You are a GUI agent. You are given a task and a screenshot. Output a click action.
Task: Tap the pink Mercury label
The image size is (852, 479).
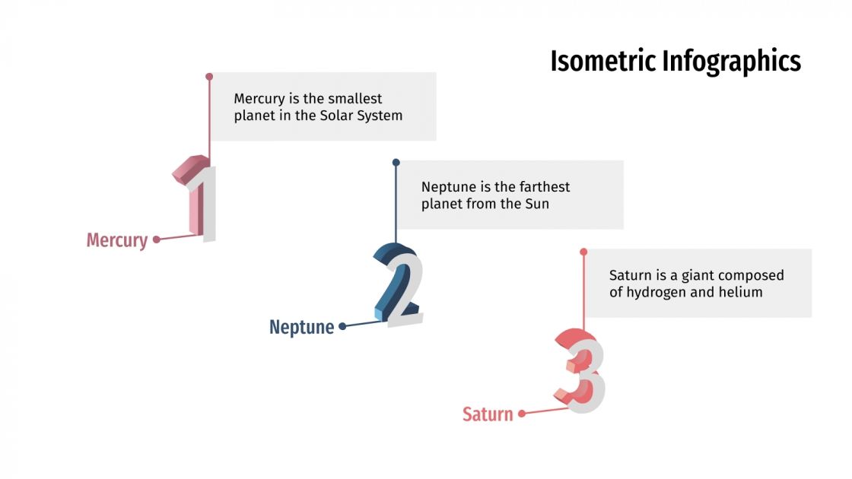(x=116, y=240)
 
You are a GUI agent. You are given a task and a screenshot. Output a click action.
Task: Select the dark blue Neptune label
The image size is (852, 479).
(x=301, y=328)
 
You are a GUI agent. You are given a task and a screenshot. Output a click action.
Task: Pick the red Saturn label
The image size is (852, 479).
(x=488, y=414)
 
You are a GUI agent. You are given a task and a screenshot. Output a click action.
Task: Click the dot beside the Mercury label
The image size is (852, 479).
(x=156, y=239)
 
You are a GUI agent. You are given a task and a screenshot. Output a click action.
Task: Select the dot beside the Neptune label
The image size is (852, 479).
(x=342, y=326)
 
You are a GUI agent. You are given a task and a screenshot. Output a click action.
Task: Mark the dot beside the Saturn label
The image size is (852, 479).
(x=522, y=414)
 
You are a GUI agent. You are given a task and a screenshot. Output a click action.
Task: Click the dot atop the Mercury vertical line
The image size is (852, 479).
(x=209, y=77)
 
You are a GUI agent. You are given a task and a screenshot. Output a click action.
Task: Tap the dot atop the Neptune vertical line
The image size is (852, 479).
(x=396, y=163)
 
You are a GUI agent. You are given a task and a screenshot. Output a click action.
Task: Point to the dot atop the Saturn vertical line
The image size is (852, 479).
(x=583, y=252)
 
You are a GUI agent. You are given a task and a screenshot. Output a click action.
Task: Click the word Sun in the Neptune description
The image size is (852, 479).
(x=536, y=205)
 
